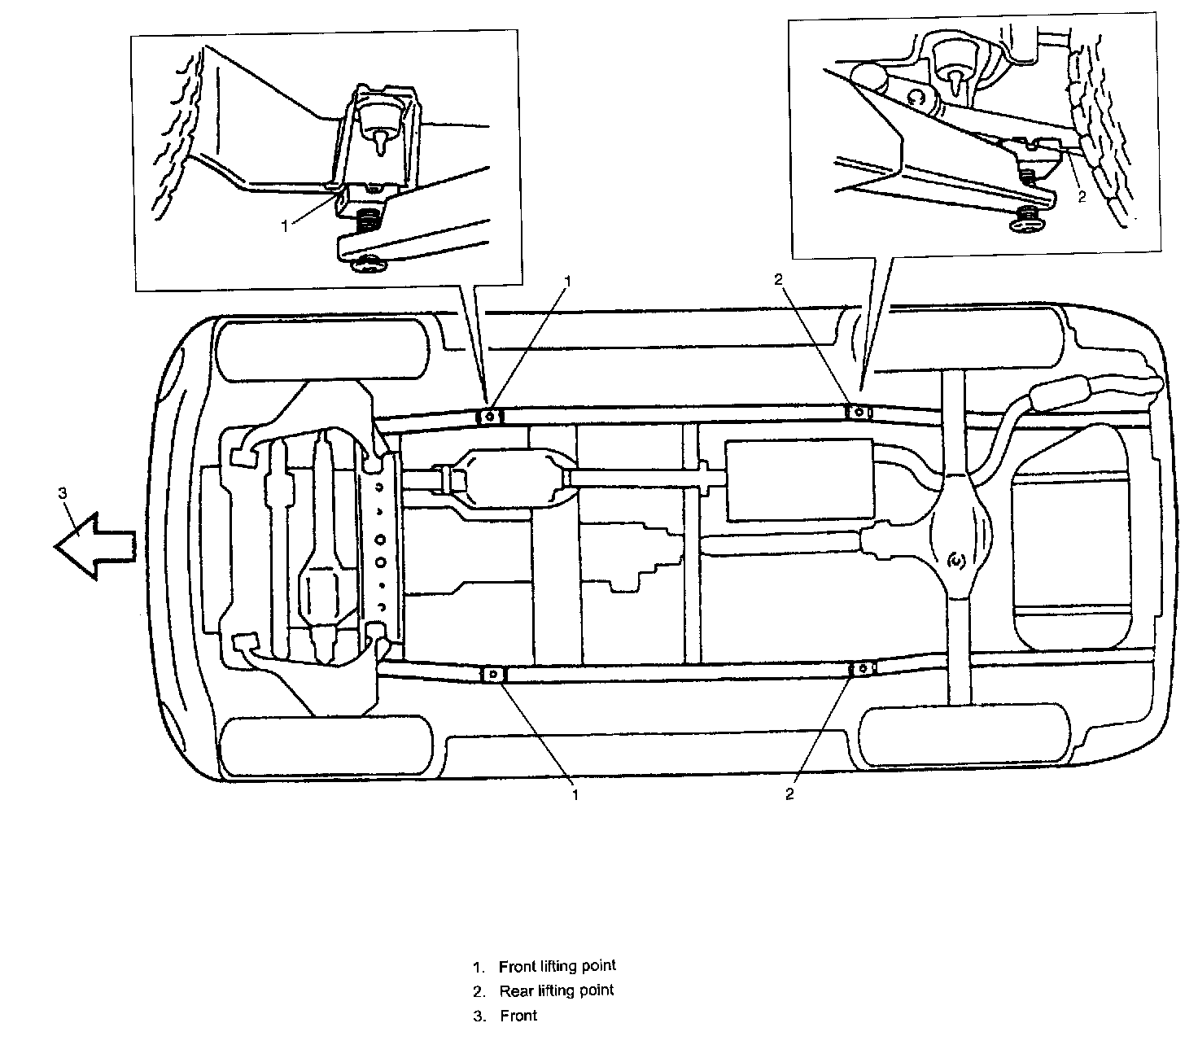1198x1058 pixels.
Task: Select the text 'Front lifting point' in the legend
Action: [x=557, y=966]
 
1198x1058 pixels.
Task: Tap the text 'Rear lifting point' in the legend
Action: [x=557, y=990]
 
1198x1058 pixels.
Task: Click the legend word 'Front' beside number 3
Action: [x=519, y=1016]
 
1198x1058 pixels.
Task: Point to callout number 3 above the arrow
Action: [x=63, y=493]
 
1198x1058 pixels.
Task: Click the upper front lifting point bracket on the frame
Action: [x=488, y=417]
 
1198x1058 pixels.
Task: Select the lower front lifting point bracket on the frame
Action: [x=493, y=675]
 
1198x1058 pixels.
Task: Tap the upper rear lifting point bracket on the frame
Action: [x=859, y=412]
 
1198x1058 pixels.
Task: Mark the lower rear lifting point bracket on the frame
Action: [x=861, y=669]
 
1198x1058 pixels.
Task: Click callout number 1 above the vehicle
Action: [x=568, y=282]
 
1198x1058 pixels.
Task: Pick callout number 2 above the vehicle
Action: [x=778, y=279]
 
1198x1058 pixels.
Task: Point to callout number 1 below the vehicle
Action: [x=575, y=794]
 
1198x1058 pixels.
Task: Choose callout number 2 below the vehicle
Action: [x=789, y=794]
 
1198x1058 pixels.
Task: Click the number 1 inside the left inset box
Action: [x=285, y=227]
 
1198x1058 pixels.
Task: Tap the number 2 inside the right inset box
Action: [x=1082, y=197]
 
